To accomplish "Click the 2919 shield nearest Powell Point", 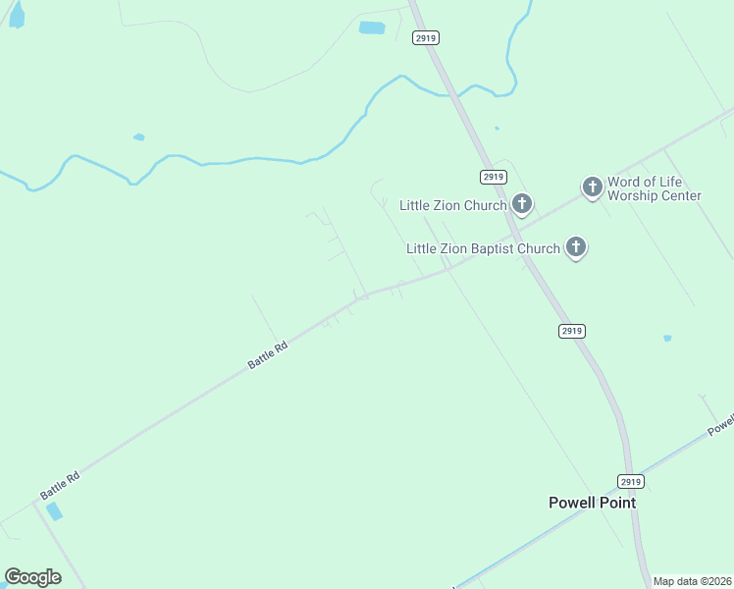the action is [631, 481].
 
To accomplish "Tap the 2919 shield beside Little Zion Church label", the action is [494, 177].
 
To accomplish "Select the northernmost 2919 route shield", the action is [425, 37].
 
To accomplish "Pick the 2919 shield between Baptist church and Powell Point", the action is [572, 331].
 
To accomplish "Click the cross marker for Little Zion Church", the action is [522, 204].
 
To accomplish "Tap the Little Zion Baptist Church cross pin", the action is [576, 248].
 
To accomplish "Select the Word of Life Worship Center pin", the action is [592, 187].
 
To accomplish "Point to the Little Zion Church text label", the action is [452, 205].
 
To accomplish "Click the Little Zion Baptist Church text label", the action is [483, 248].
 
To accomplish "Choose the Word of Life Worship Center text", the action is [654, 188].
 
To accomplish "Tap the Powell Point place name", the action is [592, 503].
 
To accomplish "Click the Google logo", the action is [32, 577].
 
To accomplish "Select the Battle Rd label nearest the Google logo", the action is [60, 483].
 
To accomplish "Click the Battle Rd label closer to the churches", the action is [268, 354].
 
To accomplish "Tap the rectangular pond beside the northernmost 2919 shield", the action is [372, 27].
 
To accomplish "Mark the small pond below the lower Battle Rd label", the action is [54, 511].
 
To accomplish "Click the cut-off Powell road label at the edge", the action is [721, 424].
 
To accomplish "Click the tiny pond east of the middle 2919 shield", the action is [667, 339].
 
